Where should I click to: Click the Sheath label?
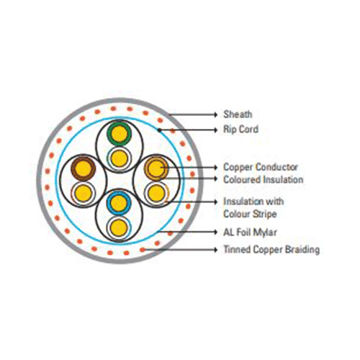238,114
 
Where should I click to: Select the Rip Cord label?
240,130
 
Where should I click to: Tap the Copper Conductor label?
261,167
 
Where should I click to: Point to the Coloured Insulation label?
264,179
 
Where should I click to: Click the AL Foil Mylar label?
250,232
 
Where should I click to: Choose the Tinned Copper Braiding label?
271,249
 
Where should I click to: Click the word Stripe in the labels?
264,214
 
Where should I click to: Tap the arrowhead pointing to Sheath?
216,114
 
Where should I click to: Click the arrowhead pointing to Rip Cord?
216,130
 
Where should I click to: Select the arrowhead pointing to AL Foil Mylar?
216,232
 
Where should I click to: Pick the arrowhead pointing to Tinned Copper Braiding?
216,250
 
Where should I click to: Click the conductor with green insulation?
120,133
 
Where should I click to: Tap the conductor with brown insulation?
83,168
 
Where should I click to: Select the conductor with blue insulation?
119,203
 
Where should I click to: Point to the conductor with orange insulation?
156,168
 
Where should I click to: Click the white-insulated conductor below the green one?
120,158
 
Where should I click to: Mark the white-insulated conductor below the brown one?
84,193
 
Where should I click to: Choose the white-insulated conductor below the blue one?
119,228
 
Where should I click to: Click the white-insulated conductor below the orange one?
156,193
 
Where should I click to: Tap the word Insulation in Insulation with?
243,202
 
